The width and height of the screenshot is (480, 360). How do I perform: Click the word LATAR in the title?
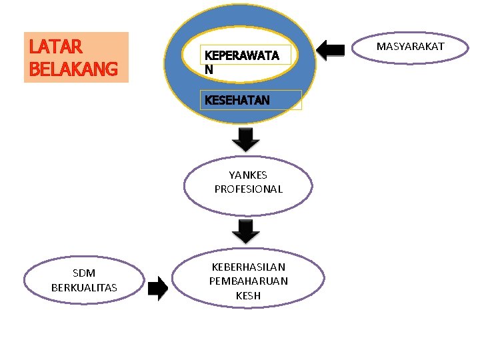(55, 47)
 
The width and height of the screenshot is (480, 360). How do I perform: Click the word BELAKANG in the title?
(73, 69)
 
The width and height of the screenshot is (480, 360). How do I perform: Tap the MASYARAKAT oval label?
(410, 47)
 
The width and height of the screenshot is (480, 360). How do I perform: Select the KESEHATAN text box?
(253, 100)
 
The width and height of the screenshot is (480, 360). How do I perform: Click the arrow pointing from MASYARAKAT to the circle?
(334, 50)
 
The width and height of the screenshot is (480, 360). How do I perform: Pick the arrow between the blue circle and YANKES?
(246, 139)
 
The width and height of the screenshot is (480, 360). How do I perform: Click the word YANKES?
(248, 175)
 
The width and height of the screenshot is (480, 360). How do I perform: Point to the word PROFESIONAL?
(248, 189)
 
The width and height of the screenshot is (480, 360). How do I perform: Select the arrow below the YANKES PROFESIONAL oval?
(247, 231)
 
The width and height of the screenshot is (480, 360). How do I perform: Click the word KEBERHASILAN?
(248, 267)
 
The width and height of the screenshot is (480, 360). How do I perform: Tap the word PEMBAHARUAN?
(248, 281)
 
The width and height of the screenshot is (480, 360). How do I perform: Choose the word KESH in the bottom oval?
(248, 295)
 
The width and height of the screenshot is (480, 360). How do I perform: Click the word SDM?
(84, 273)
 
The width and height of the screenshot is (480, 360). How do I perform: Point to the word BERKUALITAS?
(84, 287)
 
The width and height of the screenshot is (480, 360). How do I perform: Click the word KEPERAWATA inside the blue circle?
(241, 56)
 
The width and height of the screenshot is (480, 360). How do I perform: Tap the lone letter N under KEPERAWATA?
(209, 69)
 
